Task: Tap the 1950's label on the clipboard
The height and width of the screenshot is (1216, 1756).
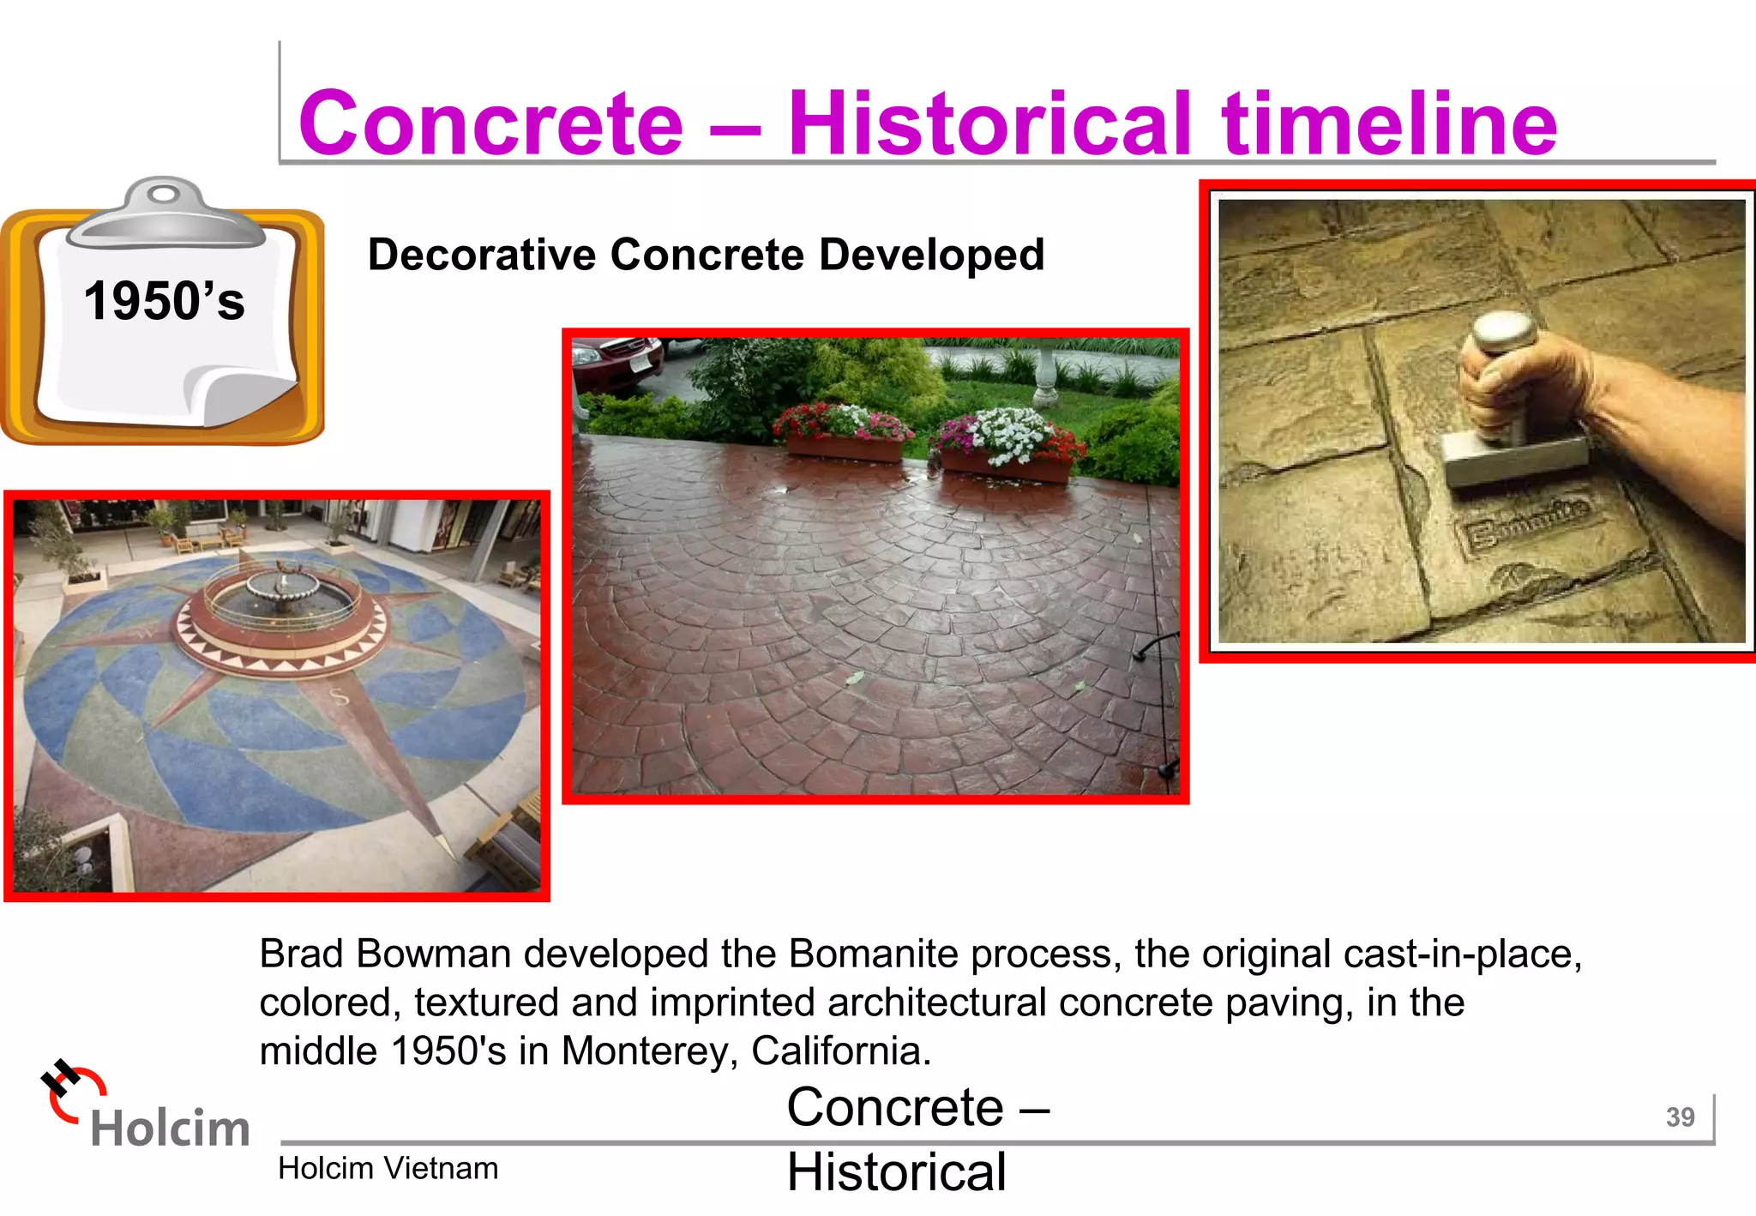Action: coord(164,302)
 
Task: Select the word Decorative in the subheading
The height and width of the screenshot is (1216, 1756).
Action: coord(482,255)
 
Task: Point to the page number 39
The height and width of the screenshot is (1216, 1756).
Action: coord(1680,1117)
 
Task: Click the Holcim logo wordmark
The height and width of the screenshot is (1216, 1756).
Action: coord(169,1127)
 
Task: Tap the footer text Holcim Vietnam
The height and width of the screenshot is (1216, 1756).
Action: coord(388,1168)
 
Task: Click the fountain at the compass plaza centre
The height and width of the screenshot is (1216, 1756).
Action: coord(280,592)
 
